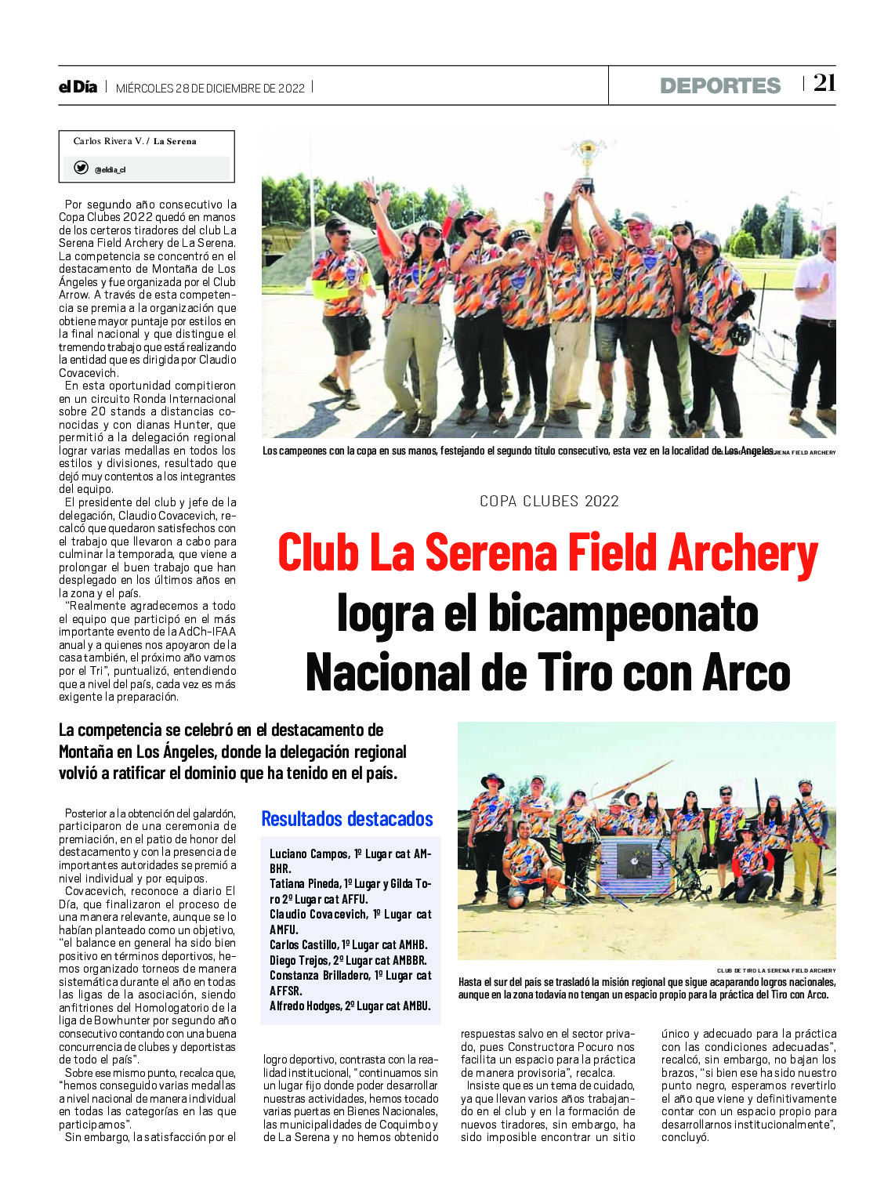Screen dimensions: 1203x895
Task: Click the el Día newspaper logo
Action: pyautogui.click(x=78, y=87)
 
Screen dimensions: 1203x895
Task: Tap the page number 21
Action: pyautogui.click(x=824, y=83)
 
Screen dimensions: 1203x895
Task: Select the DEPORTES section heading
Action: pyautogui.click(x=720, y=86)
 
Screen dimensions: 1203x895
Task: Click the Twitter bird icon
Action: pyautogui.click(x=81, y=168)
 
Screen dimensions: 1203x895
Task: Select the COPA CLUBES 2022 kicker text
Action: pyautogui.click(x=549, y=502)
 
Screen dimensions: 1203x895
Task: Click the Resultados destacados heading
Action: pyautogui.click(x=346, y=819)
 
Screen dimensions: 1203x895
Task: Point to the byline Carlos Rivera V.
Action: pyautogui.click(x=108, y=142)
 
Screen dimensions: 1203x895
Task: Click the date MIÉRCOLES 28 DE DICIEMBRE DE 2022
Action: pyautogui.click(x=210, y=89)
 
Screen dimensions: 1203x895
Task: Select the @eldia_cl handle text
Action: pyautogui.click(x=110, y=170)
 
